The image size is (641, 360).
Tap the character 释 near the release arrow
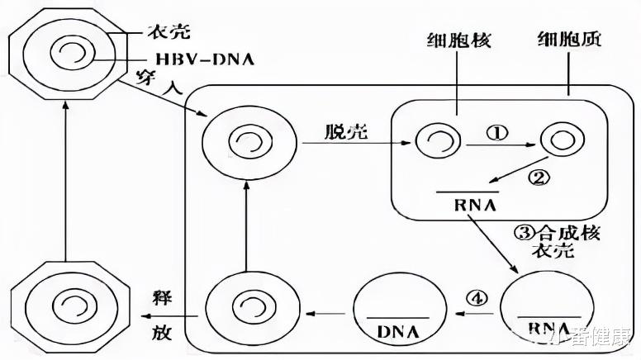point(162,297)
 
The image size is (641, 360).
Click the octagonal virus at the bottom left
point(64,307)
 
